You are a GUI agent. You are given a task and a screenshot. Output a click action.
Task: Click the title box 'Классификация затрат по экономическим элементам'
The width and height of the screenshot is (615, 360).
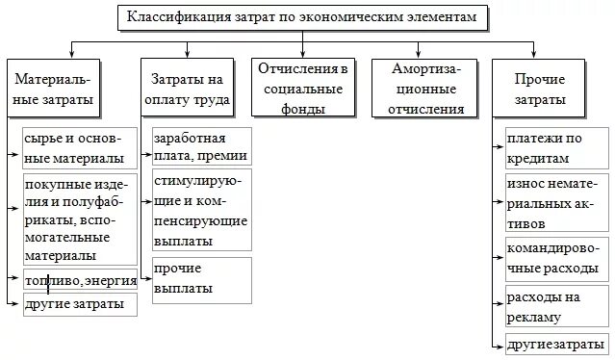302,17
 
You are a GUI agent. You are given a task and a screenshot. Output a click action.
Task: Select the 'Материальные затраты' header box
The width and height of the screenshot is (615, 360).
66,89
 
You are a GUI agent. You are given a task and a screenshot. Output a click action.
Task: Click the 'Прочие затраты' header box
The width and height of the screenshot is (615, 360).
539,89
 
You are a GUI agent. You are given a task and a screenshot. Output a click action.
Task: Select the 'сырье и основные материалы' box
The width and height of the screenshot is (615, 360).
80,147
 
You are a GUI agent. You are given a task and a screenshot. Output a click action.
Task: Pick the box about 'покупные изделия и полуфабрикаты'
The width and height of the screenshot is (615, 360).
80,219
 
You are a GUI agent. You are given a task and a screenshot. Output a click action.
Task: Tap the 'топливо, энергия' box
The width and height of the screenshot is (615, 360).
80,280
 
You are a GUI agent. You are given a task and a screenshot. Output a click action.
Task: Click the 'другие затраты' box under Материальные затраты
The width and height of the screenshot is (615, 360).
80,304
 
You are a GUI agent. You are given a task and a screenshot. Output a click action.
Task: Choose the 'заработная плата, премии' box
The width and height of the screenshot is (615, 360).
201,147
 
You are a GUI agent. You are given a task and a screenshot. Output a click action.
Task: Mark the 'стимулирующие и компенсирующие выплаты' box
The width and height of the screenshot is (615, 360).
201,209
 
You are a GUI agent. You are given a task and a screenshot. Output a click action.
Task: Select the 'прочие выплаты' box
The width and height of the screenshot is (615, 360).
201,279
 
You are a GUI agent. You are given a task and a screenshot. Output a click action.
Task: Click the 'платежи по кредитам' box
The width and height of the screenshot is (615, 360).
556,147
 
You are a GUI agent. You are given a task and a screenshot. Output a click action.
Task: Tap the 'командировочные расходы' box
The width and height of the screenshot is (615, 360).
556,254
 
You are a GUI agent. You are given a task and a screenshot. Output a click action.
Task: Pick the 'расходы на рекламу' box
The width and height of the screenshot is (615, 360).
556,306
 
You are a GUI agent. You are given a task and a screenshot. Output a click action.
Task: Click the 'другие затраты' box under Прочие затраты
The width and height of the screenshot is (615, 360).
556,343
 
